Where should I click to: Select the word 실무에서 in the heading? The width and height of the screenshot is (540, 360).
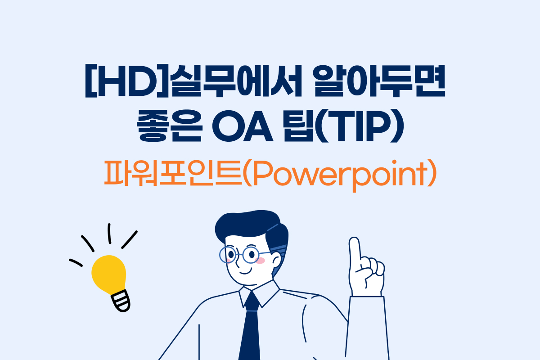coord(235,81)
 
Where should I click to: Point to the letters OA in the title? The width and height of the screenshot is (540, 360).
coord(243,126)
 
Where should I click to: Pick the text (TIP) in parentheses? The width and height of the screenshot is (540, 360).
coord(360,126)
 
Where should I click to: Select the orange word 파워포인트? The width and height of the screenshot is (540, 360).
coord(173,173)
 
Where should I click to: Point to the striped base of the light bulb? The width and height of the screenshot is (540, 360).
coord(121,301)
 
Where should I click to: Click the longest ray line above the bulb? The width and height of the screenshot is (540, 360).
coord(130,240)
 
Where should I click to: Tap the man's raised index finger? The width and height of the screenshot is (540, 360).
coord(355,251)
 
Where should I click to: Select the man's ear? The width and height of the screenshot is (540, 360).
coord(276,261)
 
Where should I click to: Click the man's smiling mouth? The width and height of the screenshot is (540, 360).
coord(246,272)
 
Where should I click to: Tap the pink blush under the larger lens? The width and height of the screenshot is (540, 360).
coord(260,261)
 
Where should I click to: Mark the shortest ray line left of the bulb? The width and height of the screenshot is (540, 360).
coord(76,263)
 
